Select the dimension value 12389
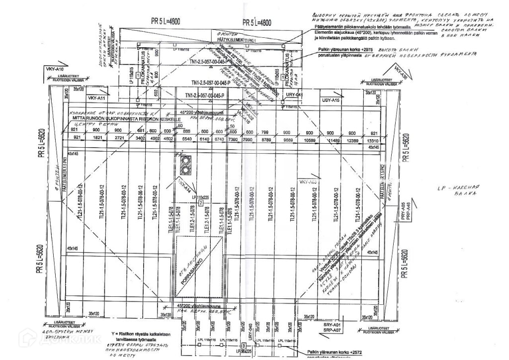(x=352, y=141)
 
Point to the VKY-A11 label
(x=98, y=98)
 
